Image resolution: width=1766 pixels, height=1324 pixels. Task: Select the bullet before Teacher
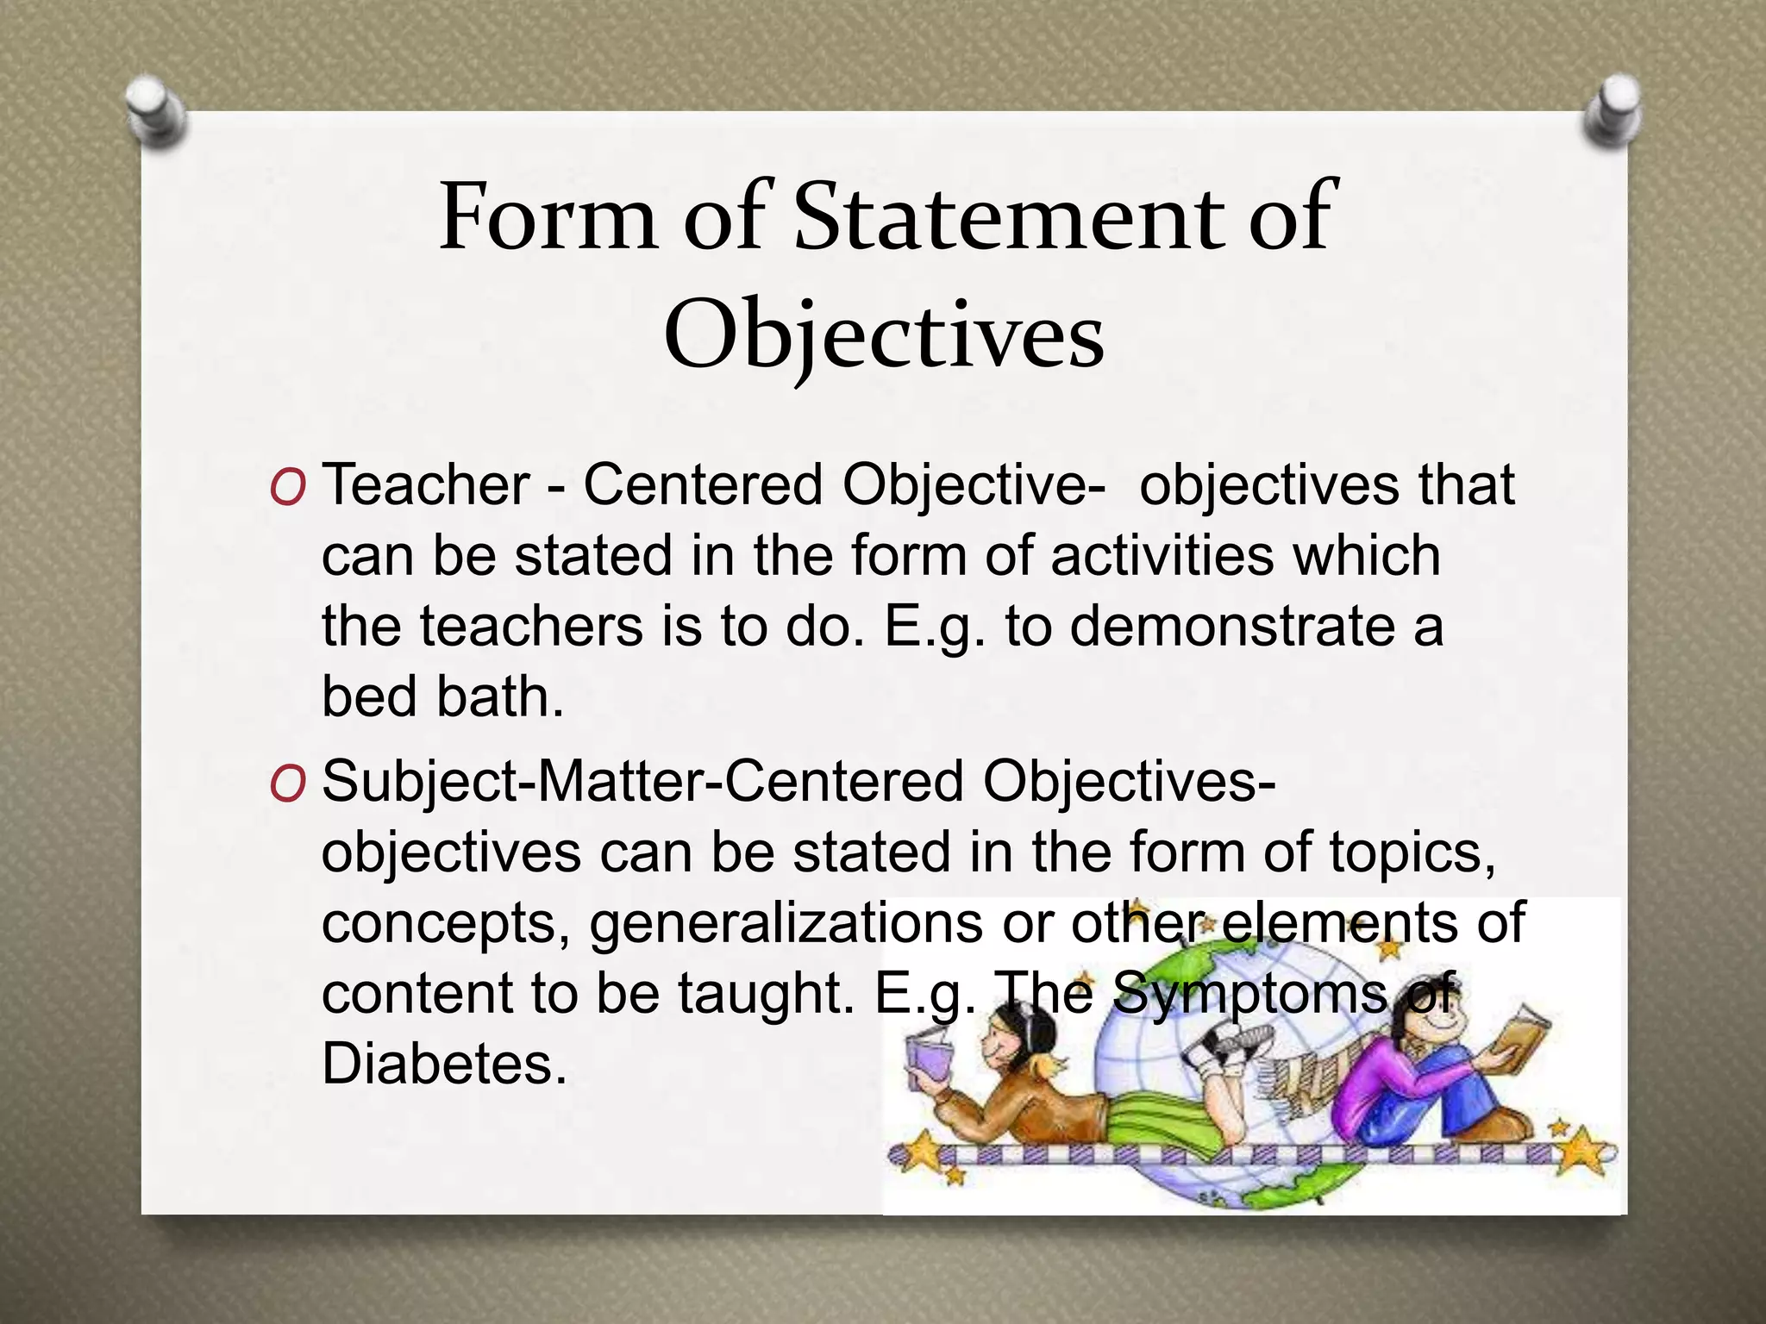pyautogui.click(x=286, y=489)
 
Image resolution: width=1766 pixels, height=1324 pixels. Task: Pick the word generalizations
pyautogui.click(x=786, y=924)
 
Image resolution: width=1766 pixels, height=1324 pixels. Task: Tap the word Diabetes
pyautogui.click(x=444, y=1064)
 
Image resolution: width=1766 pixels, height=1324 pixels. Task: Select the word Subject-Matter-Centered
pyautogui.click(x=642, y=783)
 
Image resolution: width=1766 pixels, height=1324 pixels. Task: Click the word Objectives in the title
pyautogui.click(x=883, y=334)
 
